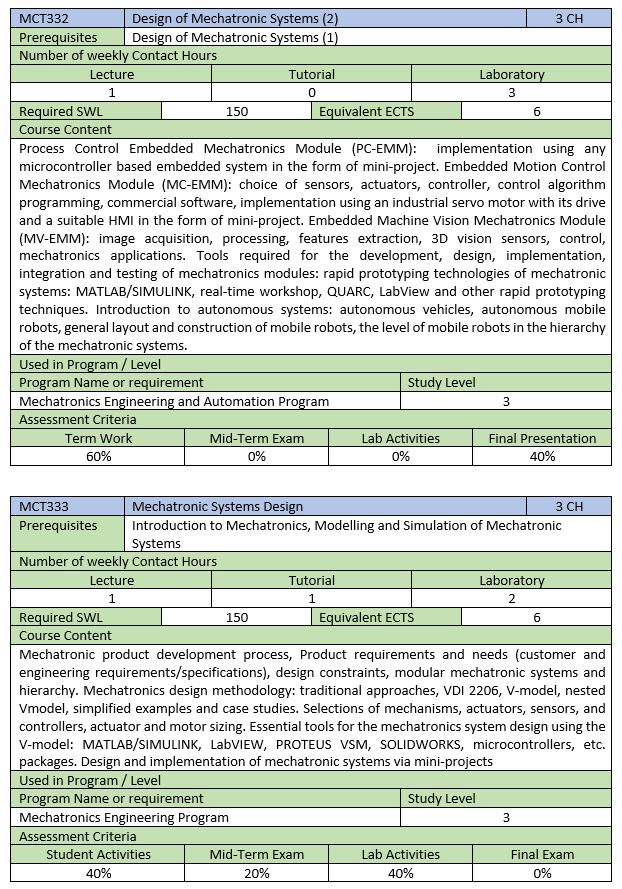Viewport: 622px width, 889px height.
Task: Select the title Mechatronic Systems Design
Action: tap(217, 506)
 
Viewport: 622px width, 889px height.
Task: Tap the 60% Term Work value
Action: tap(98, 456)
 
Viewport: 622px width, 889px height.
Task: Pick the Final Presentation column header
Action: tap(542, 438)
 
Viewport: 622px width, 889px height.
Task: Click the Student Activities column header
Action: tap(98, 854)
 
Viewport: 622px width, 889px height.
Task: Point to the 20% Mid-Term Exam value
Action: tap(257, 872)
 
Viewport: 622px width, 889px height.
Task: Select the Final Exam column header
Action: tap(542, 854)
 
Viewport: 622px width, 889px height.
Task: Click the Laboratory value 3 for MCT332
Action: tap(512, 92)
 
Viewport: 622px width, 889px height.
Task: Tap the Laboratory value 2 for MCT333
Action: tap(512, 598)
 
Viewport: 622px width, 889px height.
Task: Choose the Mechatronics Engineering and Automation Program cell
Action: tap(174, 401)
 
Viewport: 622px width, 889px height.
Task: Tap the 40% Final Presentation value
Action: tap(542, 456)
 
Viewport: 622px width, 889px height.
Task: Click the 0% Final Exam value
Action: tap(542, 872)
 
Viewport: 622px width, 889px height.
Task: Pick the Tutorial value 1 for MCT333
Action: tap(312, 598)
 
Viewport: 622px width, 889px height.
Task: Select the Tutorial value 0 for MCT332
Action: tap(312, 92)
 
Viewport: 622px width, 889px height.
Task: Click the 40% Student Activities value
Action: tap(98, 872)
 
